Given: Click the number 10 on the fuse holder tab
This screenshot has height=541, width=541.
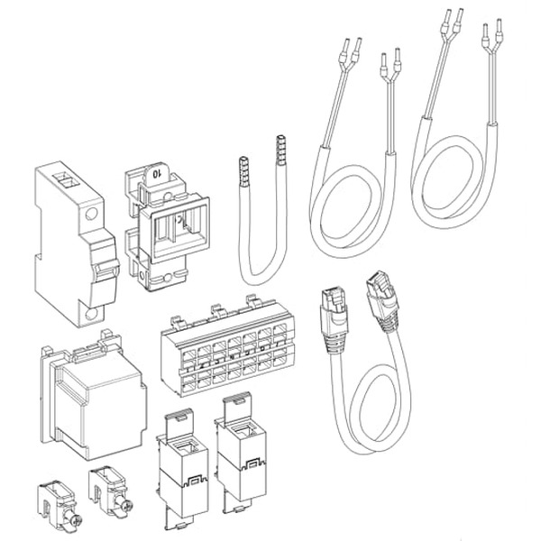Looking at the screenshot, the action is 157,174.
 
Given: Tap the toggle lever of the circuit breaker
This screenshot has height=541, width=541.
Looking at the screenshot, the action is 105,272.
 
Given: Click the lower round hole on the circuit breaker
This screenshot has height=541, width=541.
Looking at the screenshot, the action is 91,314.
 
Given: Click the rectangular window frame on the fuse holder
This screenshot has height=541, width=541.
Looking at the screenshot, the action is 179,228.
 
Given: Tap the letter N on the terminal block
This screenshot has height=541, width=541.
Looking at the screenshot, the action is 232,357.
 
